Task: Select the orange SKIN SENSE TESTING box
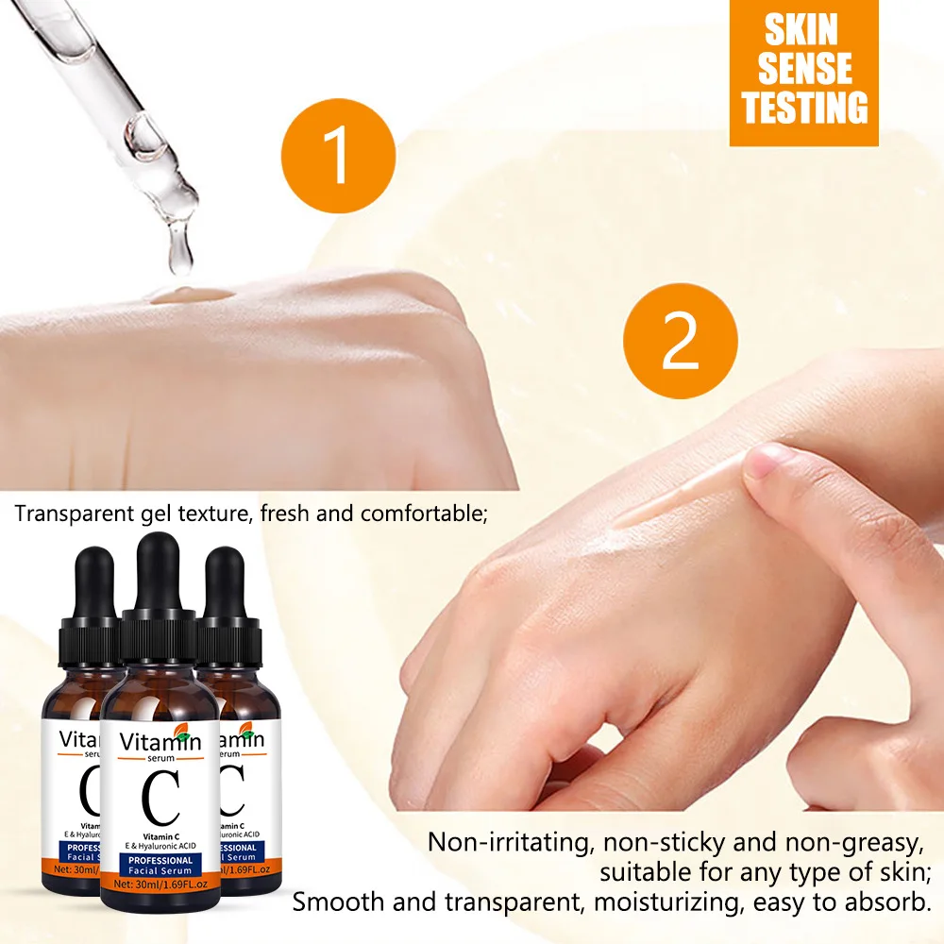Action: (803, 73)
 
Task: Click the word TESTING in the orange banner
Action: (803, 108)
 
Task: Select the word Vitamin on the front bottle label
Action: (159, 741)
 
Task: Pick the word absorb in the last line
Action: (891, 901)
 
